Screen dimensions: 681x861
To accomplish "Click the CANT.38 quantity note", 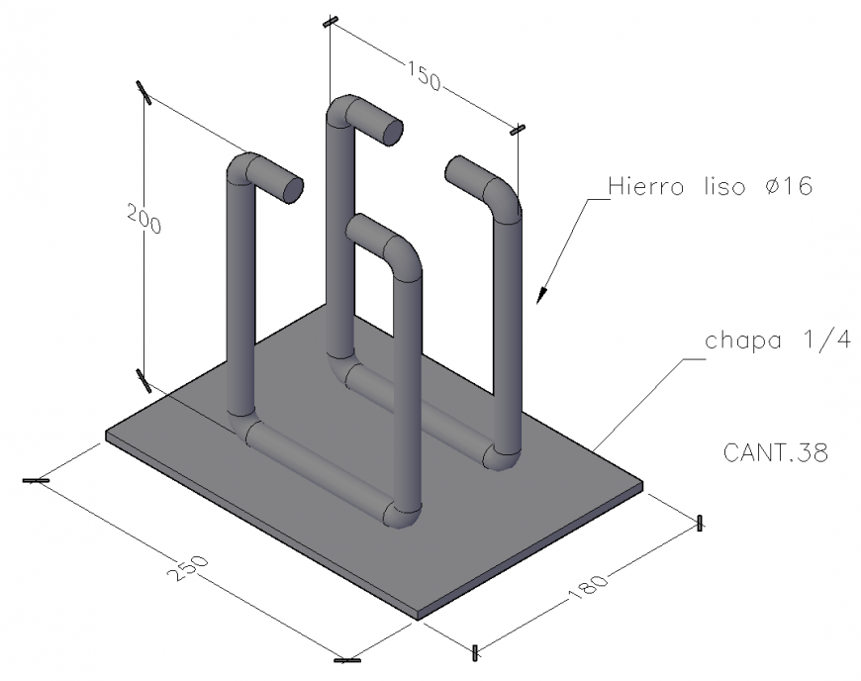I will [x=775, y=453].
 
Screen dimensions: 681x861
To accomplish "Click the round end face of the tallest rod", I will [x=392, y=131].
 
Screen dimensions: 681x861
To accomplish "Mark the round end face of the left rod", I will [x=292, y=189].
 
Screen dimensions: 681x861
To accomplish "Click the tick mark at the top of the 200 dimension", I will [x=144, y=92].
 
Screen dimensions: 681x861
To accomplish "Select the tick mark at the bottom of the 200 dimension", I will [x=143, y=379].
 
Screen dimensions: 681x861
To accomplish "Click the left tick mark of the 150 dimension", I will [x=330, y=22].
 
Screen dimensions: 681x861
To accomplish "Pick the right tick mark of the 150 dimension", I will [x=517, y=129].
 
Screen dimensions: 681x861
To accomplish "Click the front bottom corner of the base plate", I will [x=418, y=619].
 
